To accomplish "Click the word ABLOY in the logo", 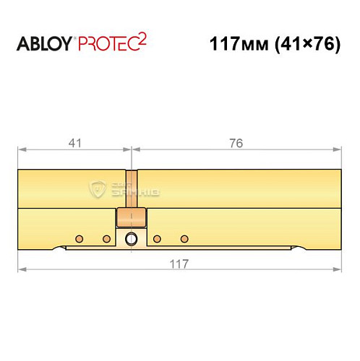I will [x=45, y=44].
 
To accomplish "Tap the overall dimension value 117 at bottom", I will [x=180, y=264].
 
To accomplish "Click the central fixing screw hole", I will [x=131, y=240].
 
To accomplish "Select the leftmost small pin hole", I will [x=80, y=238].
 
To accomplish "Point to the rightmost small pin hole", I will [x=184, y=238].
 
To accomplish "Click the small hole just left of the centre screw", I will [x=106, y=238].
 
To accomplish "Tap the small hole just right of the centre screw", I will [x=157, y=238].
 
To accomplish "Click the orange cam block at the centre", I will [x=131, y=217].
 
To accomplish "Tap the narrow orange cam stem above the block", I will [x=131, y=189].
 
